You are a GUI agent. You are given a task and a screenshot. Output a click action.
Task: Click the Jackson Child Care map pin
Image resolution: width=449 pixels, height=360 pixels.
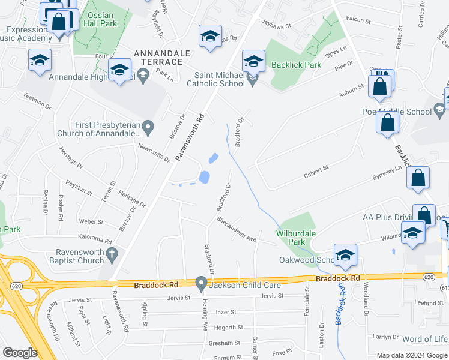click(202, 282)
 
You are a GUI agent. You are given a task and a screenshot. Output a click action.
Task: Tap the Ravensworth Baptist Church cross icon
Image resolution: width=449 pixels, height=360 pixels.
click(111, 256)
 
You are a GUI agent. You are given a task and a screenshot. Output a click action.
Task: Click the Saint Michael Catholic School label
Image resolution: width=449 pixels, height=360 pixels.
click(219, 79)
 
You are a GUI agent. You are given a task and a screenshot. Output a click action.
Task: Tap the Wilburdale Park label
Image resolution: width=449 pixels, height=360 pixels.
click(295, 238)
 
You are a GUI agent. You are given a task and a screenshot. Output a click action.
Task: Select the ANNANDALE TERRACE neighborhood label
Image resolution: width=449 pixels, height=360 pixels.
click(162, 53)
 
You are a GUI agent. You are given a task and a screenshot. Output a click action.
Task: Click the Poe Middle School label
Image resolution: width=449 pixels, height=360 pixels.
click(397, 111)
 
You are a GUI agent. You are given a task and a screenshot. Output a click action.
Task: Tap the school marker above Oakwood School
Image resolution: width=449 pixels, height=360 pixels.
click(345, 254)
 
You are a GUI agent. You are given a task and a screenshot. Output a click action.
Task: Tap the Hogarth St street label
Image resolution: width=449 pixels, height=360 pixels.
click(229, 328)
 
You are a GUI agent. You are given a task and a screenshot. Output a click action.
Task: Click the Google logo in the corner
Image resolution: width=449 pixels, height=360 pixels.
click(20, 353)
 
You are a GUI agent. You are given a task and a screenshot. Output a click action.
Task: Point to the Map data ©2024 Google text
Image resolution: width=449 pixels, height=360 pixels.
click(411, 355)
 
